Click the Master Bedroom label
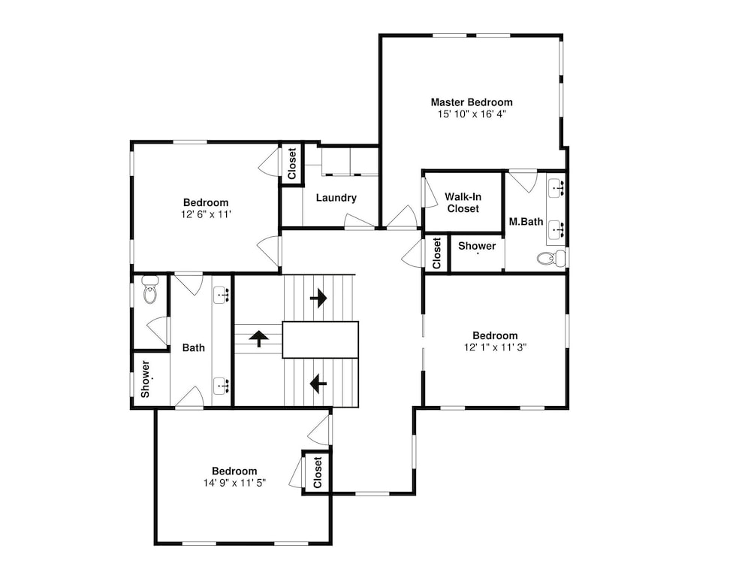click(x=472, y=102)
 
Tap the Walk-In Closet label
click(x=463, y=202)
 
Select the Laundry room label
click(x=336, y=198)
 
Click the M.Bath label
click(x=526, y=222)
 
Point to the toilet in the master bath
click(x=550, y=259)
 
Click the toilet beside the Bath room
click(x=150, y=290)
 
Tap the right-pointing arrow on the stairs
click(x=318, y=299)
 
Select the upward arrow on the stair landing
click(x=258, y=338)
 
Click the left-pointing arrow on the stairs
click(x=318, y=384)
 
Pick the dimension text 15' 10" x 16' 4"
click(x=472, y=114)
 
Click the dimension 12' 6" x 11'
click(x=206, y=214)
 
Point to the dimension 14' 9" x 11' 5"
click(x=234, y=483)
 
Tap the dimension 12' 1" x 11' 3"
click(x=495, y=347)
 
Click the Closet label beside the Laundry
click(x=292, y=163)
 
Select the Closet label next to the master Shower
click(x=436, y=253)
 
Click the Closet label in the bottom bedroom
click(x=318, y=472)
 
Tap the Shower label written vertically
click(x=145, y=379)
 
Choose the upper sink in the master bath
click(x=556, y=188)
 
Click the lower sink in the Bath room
click(x=222, y=386)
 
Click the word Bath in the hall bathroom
click(x=194, y=347)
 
